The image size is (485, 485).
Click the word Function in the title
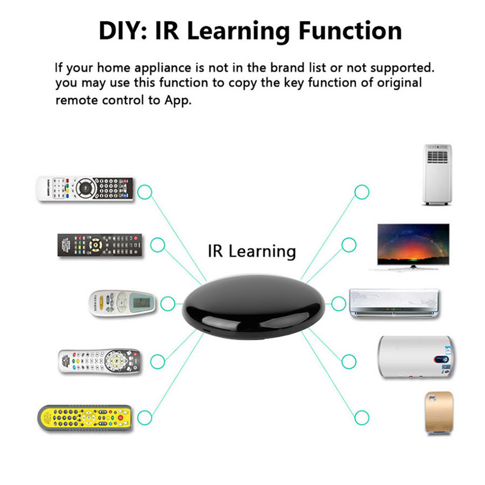point(350,31)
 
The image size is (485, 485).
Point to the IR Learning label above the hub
point(251,251)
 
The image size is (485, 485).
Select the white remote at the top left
point(85,188)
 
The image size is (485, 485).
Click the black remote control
point(100,245)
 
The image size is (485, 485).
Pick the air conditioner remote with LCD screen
point(123,303)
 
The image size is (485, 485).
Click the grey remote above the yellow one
point(99,361)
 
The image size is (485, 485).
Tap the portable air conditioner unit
point(437,174)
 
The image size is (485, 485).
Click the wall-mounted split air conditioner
point(394,303)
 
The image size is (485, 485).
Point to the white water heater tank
point(416,358)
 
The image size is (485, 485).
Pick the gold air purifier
point(438,413)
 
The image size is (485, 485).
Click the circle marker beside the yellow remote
point(144,417)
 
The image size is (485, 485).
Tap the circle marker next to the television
point(349,245)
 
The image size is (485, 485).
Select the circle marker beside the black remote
point(157,245)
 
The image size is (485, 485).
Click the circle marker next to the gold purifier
point(362,417)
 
